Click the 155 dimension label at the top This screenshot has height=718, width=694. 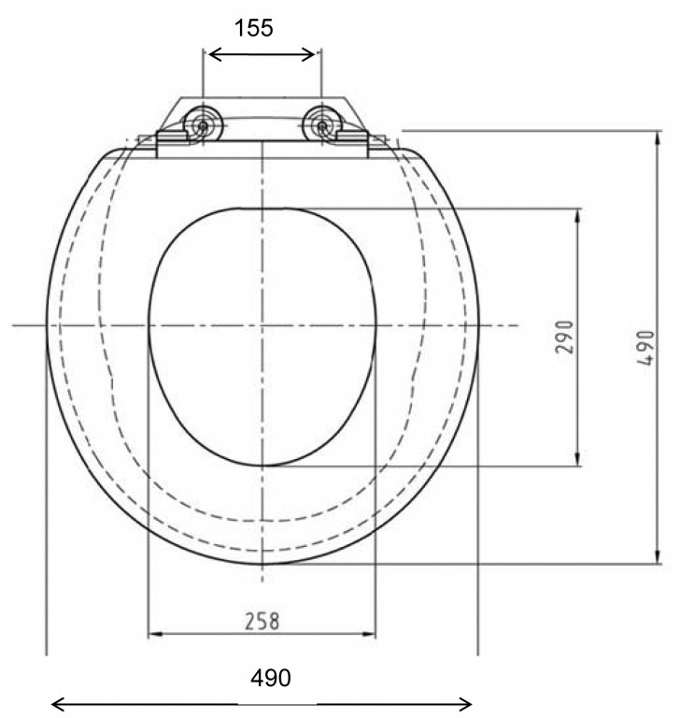click(x=254, y=28)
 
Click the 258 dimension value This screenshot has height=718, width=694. click(x=262, y=620)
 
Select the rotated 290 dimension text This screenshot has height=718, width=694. click(x=564, y=337)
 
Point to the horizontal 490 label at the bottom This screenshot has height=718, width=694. click(x=270, y=678)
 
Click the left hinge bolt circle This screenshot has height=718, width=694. click(x=203, y=124)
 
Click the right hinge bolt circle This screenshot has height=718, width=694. click(x=322, y=124)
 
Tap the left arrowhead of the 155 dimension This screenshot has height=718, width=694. click(x=211, y=55)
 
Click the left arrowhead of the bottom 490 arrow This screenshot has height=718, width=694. click(x=56, y=704)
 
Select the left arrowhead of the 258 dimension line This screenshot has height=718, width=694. click(x=155, y=635)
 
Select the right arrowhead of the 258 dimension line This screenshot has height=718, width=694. click(x=370, y=635)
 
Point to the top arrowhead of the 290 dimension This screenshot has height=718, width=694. click(x=576, y=214)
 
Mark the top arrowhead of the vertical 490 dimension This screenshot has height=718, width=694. click(x=659, y=137)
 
